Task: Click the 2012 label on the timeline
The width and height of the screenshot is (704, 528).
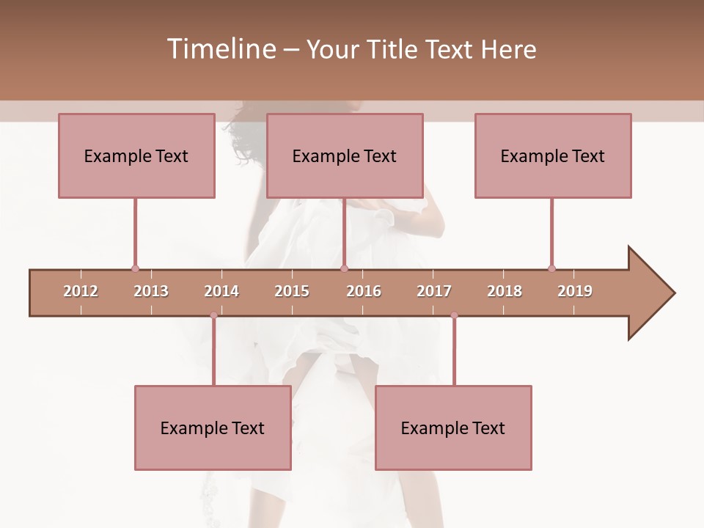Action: pos(81,291)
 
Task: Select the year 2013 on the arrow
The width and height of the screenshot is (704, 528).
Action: pos(151,291)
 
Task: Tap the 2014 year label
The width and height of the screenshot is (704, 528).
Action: pos(221,291)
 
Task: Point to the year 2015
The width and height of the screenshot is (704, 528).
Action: pos(292,291)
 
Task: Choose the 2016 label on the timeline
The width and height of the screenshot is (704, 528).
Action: pos(364,291)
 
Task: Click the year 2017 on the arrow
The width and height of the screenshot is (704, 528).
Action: pos(434,291)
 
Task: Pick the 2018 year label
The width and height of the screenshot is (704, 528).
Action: pos(505,291)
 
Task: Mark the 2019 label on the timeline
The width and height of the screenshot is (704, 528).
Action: pos(575,291)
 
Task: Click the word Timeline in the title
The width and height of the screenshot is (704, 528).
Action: pos(219,49)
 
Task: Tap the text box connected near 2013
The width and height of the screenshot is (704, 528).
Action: pos(136,155)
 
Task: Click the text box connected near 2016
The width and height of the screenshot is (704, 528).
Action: pos(345,155)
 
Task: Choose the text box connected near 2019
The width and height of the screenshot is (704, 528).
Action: pos(553,155)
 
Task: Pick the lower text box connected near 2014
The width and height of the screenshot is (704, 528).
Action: pos(213,428)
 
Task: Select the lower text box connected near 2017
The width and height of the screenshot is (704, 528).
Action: pos(453,428)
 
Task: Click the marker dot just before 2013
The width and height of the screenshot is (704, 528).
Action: pos(135,268)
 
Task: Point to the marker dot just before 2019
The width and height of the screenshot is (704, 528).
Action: pos(551,268)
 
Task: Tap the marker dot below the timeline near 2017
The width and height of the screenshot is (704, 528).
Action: pos(454,315)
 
